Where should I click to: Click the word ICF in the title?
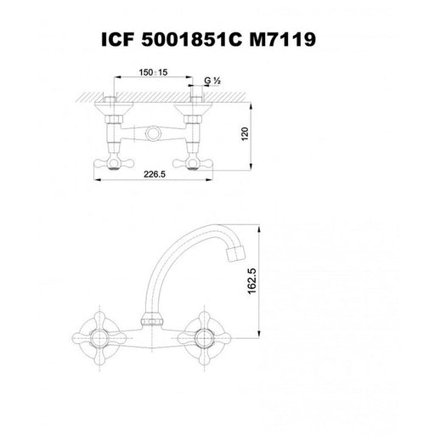(x=117, y=39)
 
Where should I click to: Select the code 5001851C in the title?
(x=192, y=39)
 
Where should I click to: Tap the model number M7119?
(x=282, y=39)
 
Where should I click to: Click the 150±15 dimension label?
(x=153, y=72)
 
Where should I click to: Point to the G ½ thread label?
(x=212, y=81)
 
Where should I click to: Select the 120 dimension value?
(x=245, y=134)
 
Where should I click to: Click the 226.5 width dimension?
(x=155, y=174)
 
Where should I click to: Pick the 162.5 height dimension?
(x=251, y=281)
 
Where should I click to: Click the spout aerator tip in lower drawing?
(x=235, y=253)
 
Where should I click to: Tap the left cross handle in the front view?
(x=99, y=338)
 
